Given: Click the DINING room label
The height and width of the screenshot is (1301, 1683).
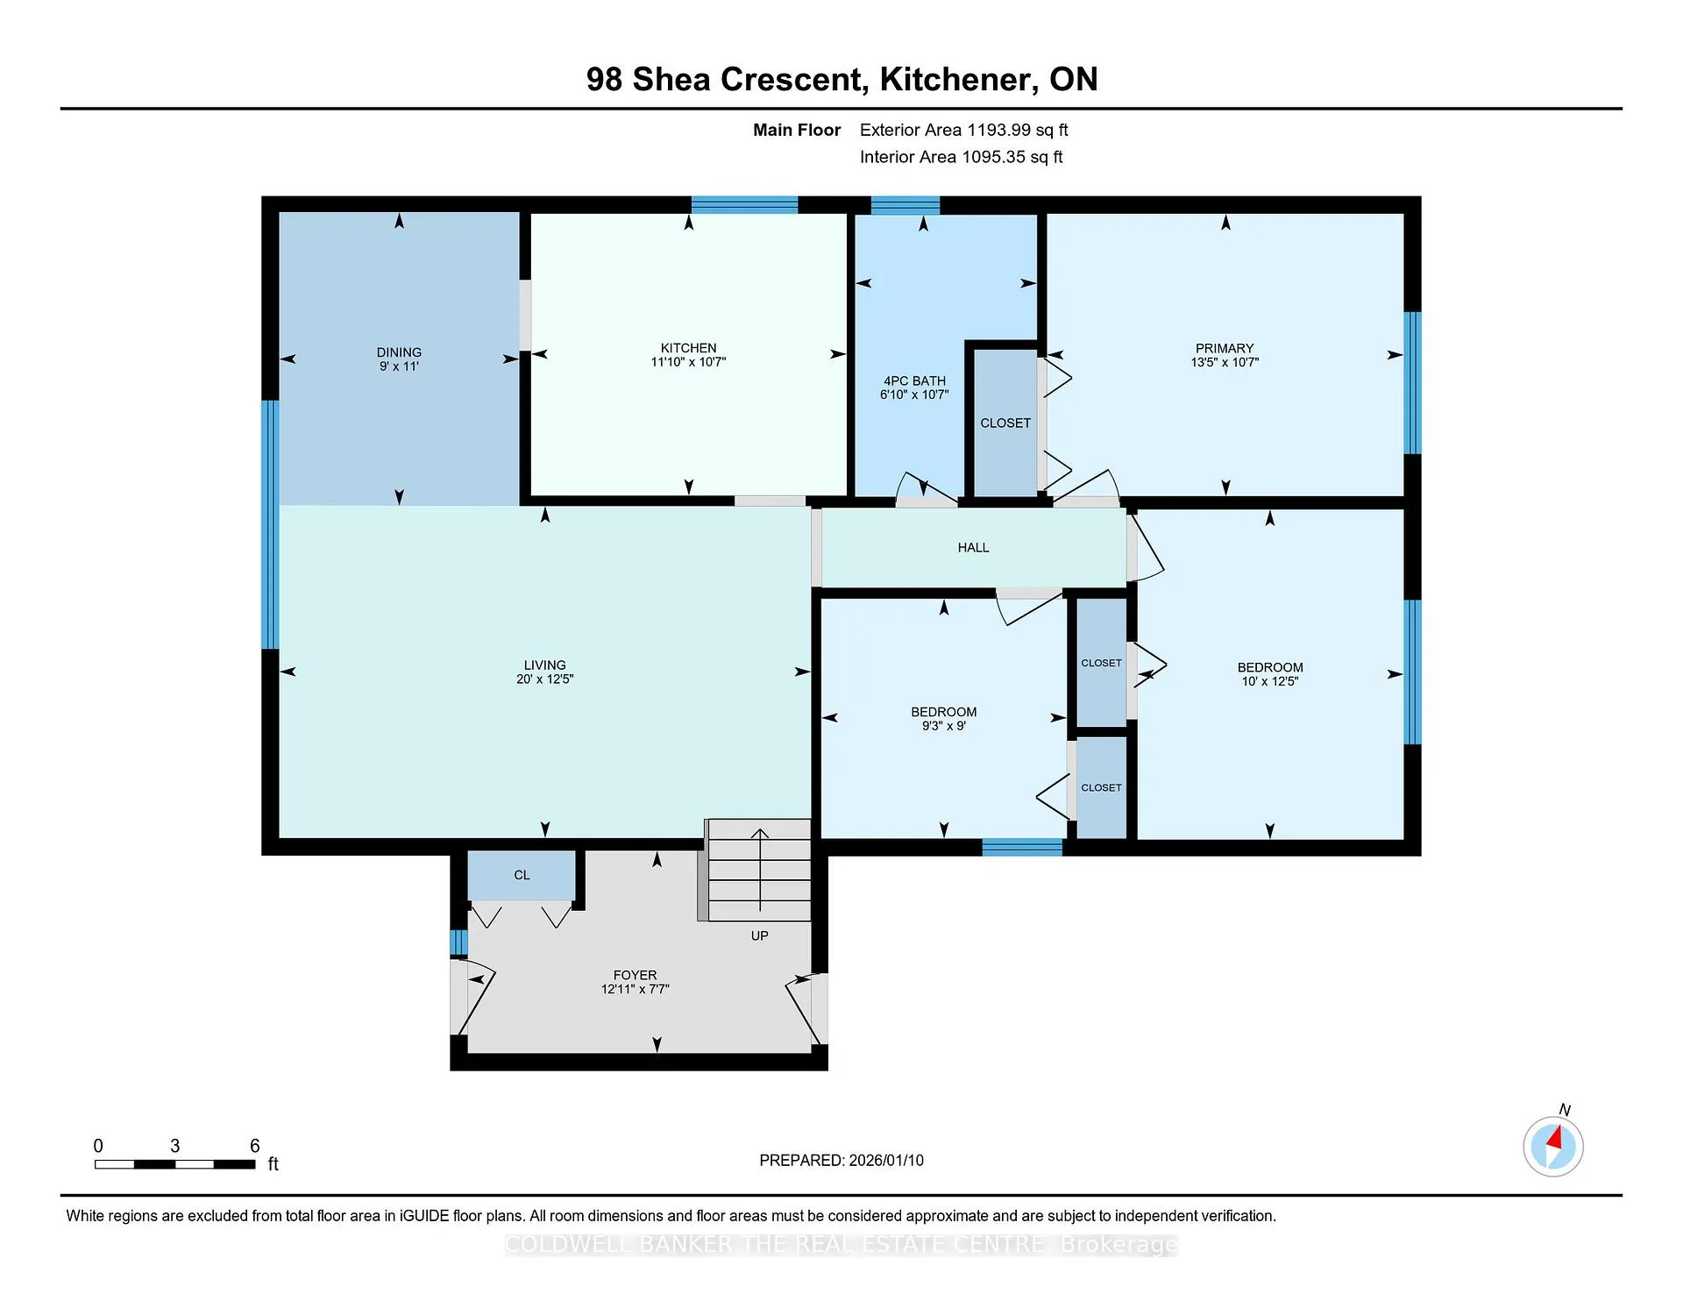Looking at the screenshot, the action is [399, 352].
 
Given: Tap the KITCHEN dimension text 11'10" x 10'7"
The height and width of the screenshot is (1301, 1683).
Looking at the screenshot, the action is [688, 362].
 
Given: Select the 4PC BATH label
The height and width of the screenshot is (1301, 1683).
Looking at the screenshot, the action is [914, 381].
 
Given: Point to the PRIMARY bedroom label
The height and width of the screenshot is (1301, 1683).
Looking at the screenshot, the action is [1225, 348].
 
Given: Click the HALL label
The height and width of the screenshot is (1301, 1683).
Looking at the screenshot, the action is [973, 548].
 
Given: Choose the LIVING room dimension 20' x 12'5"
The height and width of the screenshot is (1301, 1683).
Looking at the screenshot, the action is [544, 679].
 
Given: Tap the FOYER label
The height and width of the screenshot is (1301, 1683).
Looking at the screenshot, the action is [635, 975].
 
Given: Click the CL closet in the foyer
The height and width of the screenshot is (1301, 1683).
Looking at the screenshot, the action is [522, 875].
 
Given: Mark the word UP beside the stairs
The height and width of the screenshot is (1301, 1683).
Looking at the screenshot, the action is [759, 936].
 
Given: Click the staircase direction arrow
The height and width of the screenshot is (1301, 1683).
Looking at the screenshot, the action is [759, 868].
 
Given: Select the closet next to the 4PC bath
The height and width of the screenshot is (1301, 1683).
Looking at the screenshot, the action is [1005, 423].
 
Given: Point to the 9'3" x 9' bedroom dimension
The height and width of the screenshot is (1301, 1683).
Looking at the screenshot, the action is [943, 726].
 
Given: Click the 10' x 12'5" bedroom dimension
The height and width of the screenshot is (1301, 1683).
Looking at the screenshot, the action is [1269, 681].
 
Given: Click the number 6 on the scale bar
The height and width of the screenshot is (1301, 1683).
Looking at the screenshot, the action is [255, 1146].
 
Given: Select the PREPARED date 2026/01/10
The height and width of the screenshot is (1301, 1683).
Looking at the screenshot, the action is [885, 1161].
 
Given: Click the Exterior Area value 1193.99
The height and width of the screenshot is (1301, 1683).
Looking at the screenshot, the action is [998, 130].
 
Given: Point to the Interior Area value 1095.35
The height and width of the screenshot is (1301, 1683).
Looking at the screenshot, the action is [993, 157].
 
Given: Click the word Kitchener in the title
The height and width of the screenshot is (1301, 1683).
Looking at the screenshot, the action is [955, 80].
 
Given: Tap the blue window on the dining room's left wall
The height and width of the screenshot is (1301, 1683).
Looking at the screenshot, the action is [270, 524].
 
